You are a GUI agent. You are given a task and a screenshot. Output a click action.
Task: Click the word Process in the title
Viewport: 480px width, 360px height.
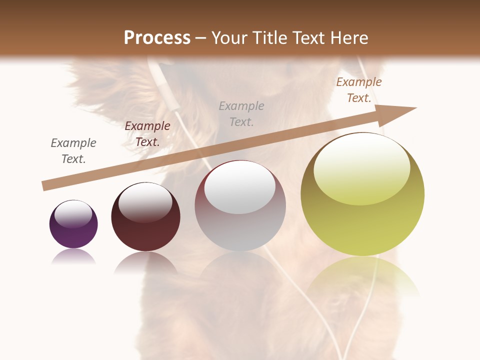click(157, 38)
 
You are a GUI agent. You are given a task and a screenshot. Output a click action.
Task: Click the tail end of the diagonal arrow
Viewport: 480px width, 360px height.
click(45, 186)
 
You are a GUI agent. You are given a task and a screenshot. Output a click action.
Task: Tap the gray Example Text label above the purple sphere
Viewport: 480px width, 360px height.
click(73, 151)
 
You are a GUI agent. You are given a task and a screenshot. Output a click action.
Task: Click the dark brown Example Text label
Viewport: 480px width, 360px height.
click(147, 134)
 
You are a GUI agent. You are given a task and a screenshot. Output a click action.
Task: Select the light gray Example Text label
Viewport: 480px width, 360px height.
click(241, 113)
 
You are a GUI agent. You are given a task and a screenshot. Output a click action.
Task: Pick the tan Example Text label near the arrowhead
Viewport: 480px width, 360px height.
click(359, 90)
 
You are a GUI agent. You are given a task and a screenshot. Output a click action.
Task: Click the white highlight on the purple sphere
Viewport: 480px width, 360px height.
click(73, 214)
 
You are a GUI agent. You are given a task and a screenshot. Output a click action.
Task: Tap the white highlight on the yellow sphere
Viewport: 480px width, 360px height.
click(361, 167)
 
